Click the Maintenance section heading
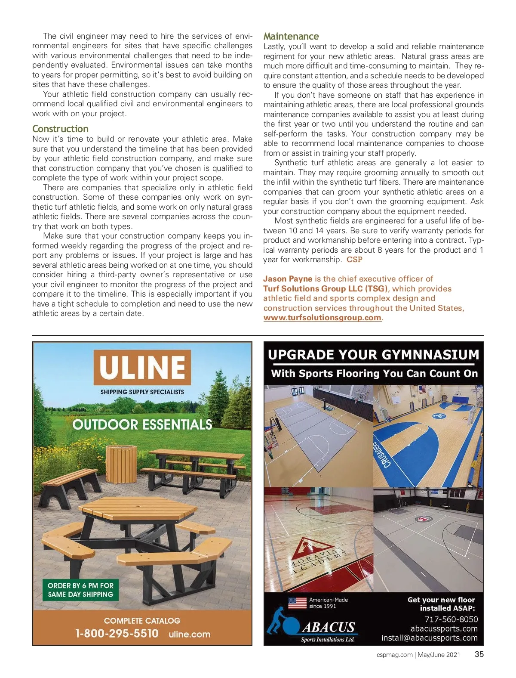pyautogui.click(x=291, y=37)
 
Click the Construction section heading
pyautogui.click(x=60, y=129)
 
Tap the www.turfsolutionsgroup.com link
pyautogui.click(x=322, y=318)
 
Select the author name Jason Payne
pyautogui.click(x=288, y=279)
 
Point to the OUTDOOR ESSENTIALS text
pyautogui.click(x=142, y=425)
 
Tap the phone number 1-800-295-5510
pyautogui.click(x=117, y=634)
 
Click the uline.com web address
pyautogui.click(x=190, y=634)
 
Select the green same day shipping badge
pyautogui.click(x=80, y=590)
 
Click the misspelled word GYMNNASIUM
pyautogui.click(x=430, y=355)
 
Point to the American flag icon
pyautogui.click(x=297, y=603)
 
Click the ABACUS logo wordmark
pyautogui.click(x=329, y=627)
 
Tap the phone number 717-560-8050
pyautogui.click(x=451, y=619)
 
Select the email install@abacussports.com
pyautogui.click(x=429, y=638)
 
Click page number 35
pyautogui.click(x=479, y=654)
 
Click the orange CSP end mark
pyautogui.click(x=354, y=260)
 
